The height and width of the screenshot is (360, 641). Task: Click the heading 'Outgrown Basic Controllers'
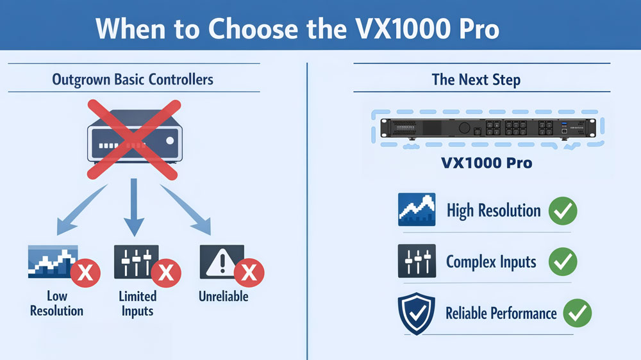pyautogui.click(x=133, y=79)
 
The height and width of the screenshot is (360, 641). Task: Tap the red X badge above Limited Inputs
pyautogui.click(x=165, y=274)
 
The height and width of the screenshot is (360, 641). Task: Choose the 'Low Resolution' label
pyautogui.click(x=56, y=304)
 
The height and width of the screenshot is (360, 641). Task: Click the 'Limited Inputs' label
pyautogui.click(x=137, y=304)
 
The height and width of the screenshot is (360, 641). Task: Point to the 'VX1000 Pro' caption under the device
pyautogui.click(x=487, y=163)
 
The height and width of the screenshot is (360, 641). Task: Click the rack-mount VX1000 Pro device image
pyautogui.click(x=485, y=129)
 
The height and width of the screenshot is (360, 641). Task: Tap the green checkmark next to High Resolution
pyautogui.click(x=563, y=210)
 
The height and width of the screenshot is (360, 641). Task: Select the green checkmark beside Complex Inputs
pyautogui.click(x=563, y=261)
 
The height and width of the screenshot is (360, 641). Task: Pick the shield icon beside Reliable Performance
pyautogui.click(x=417, y=313)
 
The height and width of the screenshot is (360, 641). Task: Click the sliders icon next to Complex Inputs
pyautogui.click(x=417, y=261)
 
